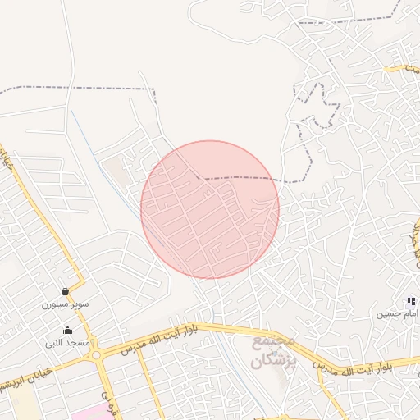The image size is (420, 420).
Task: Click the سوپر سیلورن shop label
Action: (66, 304)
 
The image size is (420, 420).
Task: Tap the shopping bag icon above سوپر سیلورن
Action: (65, 291)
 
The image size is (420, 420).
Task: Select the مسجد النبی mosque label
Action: (66, 342)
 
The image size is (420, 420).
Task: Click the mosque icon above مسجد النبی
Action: (67, 331)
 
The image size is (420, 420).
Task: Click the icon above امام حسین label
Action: (411, 302)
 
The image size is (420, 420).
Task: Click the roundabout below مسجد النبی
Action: (97, 356)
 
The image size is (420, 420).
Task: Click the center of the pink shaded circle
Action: (210, 209)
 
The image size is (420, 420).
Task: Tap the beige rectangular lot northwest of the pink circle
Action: (115, 171)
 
